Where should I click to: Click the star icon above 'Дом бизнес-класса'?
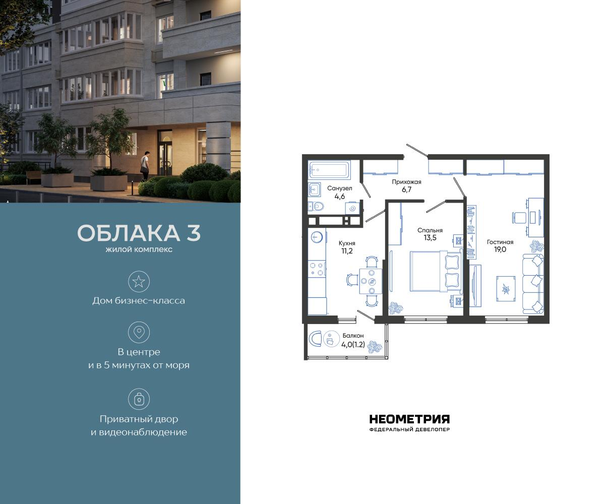(x=139, y=281)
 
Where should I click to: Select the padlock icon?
(x=139, y=399)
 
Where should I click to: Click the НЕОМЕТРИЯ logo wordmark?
(x=409, y=419)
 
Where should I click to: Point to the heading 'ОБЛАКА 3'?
(x=139, y=233)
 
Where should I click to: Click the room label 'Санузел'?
(x=339, y=188)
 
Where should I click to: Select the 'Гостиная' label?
(x=500, y=242)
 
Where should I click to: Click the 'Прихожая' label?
(x=406, y=182)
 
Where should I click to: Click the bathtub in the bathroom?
(x=329, y=170)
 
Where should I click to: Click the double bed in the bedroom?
(x=429, y=271)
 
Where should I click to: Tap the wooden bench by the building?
(x=34, y=176)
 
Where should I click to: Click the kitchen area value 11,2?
(x=346, y=250)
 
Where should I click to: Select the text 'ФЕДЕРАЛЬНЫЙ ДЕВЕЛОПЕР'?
(x=409, y=430)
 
